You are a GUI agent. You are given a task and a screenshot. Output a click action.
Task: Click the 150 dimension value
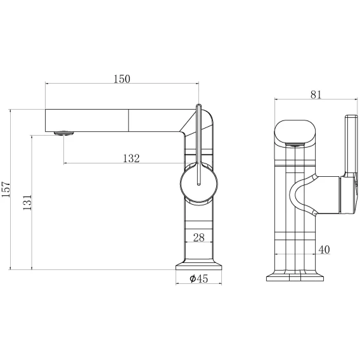(122, 79)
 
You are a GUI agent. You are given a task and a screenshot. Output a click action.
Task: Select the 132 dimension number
(131, 158)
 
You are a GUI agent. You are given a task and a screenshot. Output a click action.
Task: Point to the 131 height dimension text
(27, 202)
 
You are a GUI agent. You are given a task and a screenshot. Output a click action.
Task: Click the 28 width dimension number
(199, 238)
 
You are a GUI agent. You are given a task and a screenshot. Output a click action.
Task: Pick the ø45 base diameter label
(199, 278)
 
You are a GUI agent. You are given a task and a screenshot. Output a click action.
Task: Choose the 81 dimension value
(316, 94)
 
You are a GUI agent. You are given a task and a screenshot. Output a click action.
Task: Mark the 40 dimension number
(324, 249)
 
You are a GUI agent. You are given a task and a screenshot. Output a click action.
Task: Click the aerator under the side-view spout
(64, 133)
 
